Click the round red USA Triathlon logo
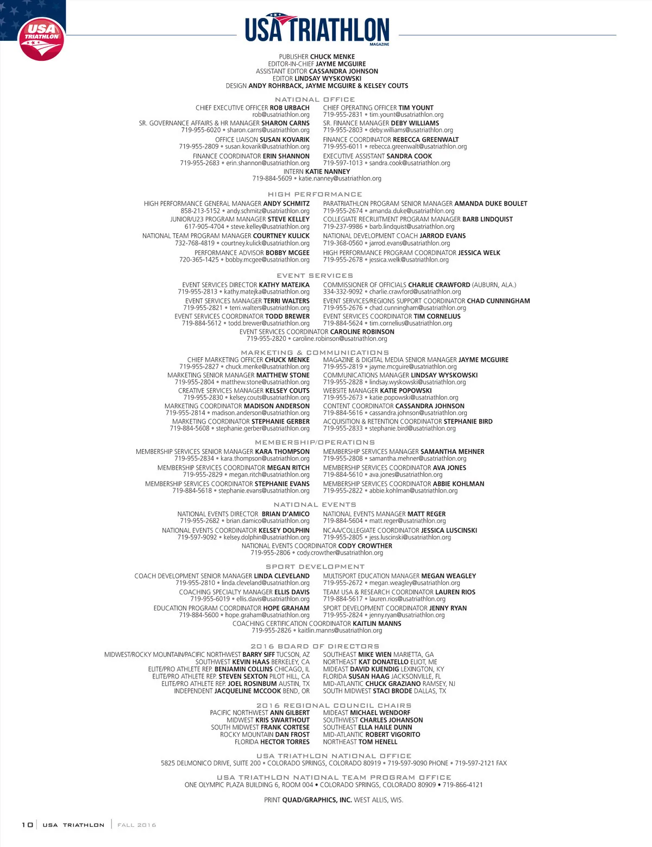41,40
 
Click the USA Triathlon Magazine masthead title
317,29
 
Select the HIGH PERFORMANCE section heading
315,194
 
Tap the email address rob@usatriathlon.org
281,115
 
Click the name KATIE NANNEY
328,171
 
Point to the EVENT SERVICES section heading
315,276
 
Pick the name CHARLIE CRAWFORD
439,284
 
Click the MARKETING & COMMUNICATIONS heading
315,352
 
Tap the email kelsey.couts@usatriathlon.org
269,397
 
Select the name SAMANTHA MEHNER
452,451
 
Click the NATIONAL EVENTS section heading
315,505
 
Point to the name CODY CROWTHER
365,546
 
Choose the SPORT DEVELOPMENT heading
315,566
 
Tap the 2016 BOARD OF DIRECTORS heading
315,646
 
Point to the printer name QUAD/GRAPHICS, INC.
317,800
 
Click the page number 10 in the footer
27,825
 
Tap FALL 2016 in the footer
136,825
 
